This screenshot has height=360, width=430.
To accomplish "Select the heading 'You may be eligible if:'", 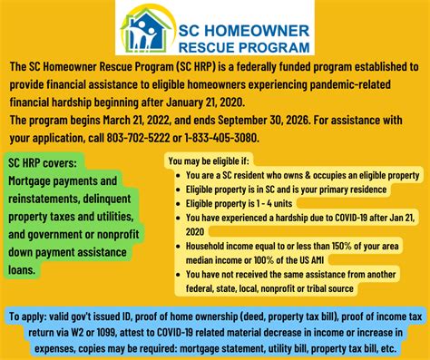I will (211, 161).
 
